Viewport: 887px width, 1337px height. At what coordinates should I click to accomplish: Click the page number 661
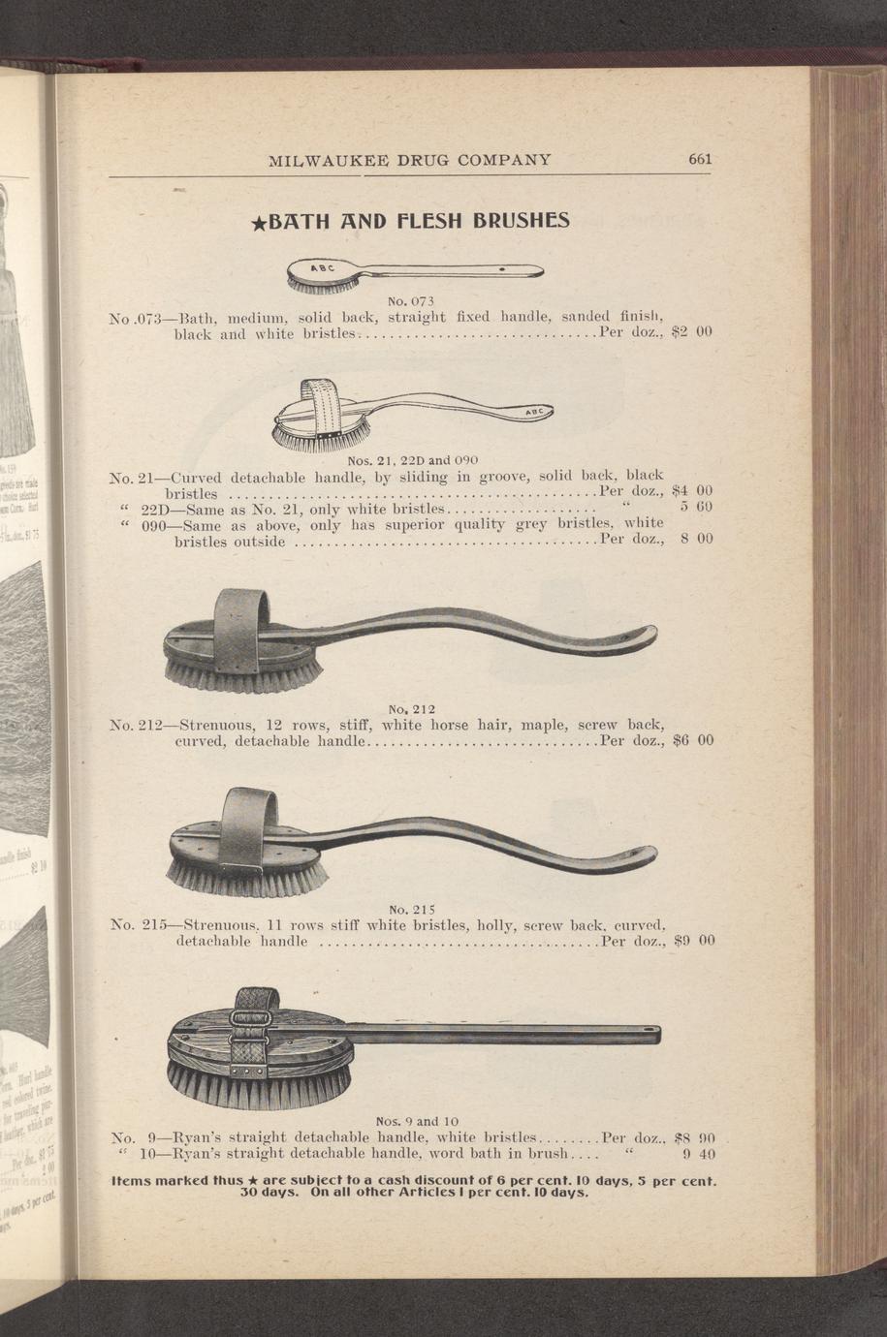tap(700, 159)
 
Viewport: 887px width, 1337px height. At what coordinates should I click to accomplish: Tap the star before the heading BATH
tap(259, 224)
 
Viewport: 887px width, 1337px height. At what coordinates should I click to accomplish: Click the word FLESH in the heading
tap(430, 221)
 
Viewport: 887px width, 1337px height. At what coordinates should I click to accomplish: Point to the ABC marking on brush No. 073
tap(323, 268)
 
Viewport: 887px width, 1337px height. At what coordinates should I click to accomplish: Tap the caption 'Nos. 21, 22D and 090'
tap(413, 460)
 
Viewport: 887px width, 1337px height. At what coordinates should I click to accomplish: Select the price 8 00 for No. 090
tap(696, 539)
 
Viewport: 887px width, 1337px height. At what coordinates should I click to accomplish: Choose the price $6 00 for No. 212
tap(693, 741)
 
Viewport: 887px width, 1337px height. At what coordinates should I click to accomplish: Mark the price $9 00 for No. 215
tap(693, 942)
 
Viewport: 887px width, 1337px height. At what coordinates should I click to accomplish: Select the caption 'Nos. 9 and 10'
tap(418, 1120)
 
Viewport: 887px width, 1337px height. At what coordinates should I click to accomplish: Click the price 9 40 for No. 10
tap(699, 1153)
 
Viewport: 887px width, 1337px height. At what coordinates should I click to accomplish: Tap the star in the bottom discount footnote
tap(253, 1181)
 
